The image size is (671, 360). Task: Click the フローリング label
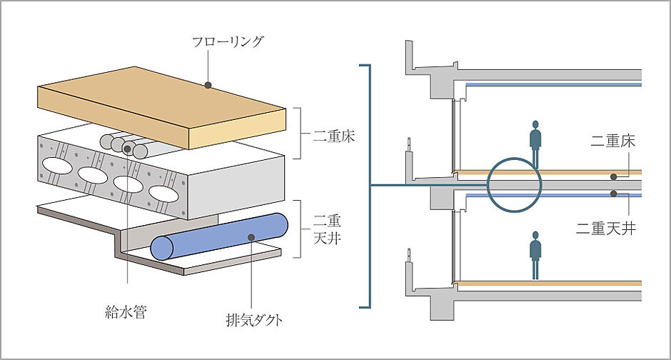click(228, 41)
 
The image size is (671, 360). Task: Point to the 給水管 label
click(125, 312)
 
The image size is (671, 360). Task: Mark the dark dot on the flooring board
click(208, 84)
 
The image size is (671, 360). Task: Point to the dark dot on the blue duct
click(251, 238)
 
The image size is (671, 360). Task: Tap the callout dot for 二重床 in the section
click(612, 175)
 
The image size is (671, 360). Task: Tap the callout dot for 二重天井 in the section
click(612, 194)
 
